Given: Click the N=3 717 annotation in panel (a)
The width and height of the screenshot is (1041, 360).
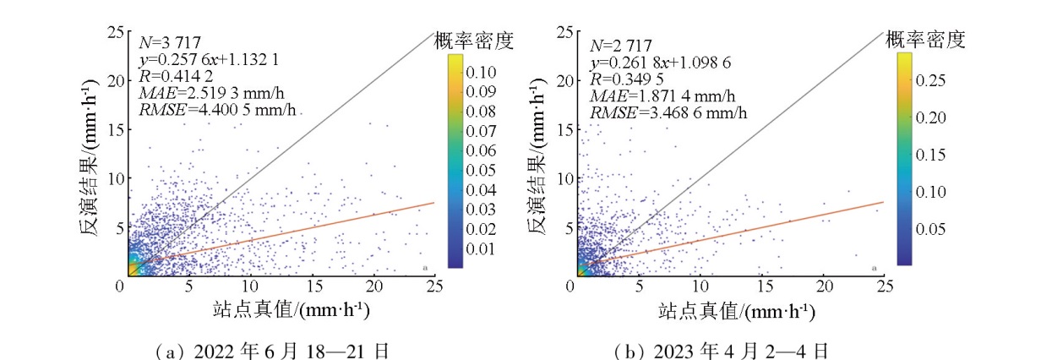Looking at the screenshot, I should (167, 43).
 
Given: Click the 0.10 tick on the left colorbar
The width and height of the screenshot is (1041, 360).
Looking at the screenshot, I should (479, 74).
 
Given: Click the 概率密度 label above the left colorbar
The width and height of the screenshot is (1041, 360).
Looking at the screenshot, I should (473, 40).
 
